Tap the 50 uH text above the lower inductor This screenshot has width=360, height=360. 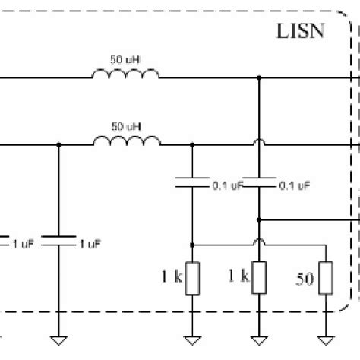tap(125, 124)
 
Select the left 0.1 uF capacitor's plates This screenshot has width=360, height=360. tap(192, 182)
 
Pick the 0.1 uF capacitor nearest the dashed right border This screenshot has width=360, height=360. tap(260, 182)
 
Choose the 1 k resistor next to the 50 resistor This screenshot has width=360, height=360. tap(260, 279)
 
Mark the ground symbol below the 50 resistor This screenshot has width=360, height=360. tap(326, 339)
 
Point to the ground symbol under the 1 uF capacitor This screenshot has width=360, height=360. tap(58, 339)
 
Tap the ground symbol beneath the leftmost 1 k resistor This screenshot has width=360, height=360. tap(192, 339)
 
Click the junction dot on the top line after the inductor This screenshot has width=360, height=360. tap(260, 77)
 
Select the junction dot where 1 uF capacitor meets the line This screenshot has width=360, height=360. tap(58, 144)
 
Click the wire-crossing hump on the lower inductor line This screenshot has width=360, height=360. tap(260, 143)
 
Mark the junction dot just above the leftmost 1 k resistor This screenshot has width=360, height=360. tap(192, 245)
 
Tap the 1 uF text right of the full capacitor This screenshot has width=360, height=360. tap(89, 244)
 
